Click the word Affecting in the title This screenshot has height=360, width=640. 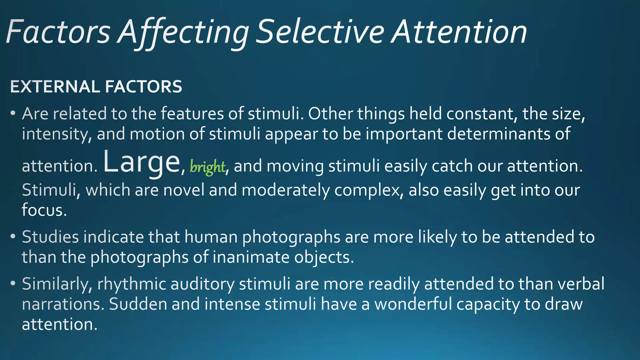[x=183, y=32]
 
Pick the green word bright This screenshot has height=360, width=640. [x=207, y=167]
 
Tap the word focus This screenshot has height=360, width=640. [x=44, y=210]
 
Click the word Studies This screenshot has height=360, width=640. [x=50, y=237]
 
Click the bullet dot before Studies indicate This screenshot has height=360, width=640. [x=13, y=237]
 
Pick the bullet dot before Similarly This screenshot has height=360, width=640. [x=13, y=284]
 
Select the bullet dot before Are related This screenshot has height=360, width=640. [x=13, y=113]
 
